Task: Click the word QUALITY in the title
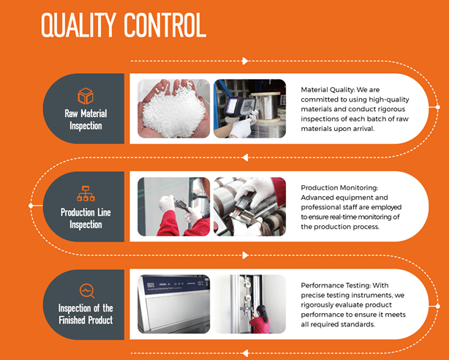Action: (x=79, y=25)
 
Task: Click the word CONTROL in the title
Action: (x=165, y=25)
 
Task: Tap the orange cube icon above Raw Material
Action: (x=86, y=96)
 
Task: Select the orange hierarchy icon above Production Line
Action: (x=86, y=193)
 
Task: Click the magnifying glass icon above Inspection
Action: (x=87, y=291)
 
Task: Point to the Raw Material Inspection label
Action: (x=86, y=119)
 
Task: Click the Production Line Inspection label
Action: (x=86, y=218)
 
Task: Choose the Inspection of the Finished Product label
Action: (x=86, y=314)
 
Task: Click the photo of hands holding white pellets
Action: (x=174, y=108)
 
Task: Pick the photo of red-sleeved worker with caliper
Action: (x=174, y=206)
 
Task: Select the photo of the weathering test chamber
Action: (x=174, y=304)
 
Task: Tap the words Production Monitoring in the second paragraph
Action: (x=339, y=188)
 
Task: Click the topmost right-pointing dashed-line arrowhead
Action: (x=245, y=61)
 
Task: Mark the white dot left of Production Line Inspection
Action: (x=31, y=206)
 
